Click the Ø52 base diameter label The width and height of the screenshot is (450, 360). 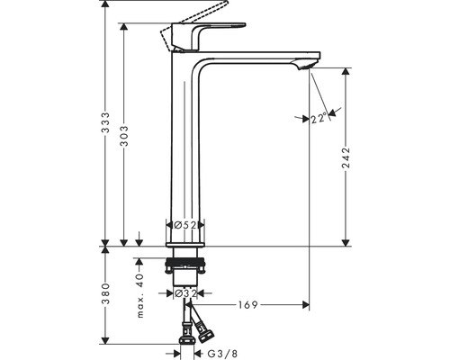[x=185, y=227]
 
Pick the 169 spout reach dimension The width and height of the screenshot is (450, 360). [x=247, y=305]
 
